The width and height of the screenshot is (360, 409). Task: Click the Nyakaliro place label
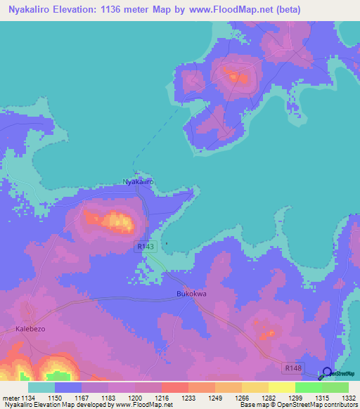139,182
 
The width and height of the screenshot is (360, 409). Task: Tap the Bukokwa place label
191,294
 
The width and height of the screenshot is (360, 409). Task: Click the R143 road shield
144,247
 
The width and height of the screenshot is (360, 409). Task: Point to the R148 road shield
294,368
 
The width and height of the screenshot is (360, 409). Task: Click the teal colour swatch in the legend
41,387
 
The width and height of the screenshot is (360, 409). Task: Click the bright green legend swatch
308,387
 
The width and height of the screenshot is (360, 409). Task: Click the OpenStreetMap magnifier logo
328,372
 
